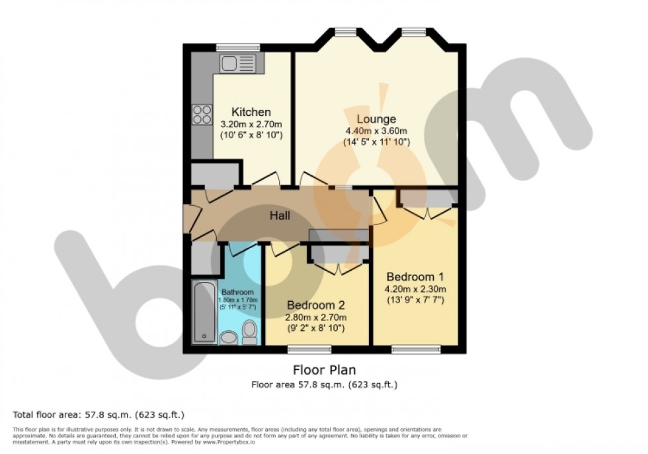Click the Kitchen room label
pyautogui.click(x=251, y=112)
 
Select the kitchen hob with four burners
pyautogui.click(x=202, y=115)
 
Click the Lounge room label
pyautogui.click(x=376, y=119)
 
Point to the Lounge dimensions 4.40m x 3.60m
pyautogui.click(x=376, y=131)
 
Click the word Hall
pyautogui.click(x=279, y=215)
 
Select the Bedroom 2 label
pyautogui.click(x=316, y=306)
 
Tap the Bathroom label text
pyautogui.click(x=237, y=292)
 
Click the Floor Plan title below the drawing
pyautogui.click(x=324, y=370)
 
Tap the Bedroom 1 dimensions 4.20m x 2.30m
pyautogui.click(x=416, y=289)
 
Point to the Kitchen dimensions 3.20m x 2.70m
pyautogui.click(x=251, y=124)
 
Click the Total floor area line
pyautogui.click(x=99, y=414)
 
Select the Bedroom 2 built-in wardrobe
pyautogui.click(x=338, y=254)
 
